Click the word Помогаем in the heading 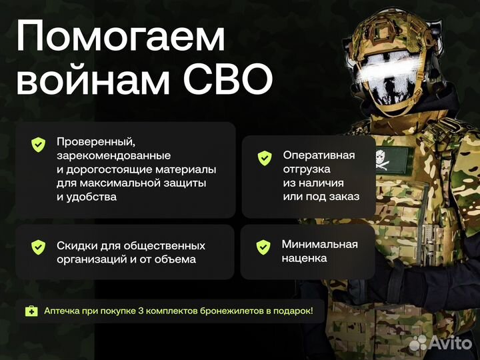pyautogui.click(x=120, y=39)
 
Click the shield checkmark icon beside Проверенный pyautogui.click(x=39, y=145)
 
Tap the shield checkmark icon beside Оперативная pyautogui.click(x=265, y=158)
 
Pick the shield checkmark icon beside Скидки pyautogui.click(x=39, y=247)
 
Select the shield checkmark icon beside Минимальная pyautogui.click(x=263, y=247)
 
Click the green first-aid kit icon pyautogui.click(x=31, y=311)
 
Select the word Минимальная pyautogui.click(x=319, y=244)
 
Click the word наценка pyautogui.click(x=304, y=258)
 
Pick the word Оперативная pyautogui.click(x=319, y=155)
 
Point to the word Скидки pyautogui.click(x=77, y=246)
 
